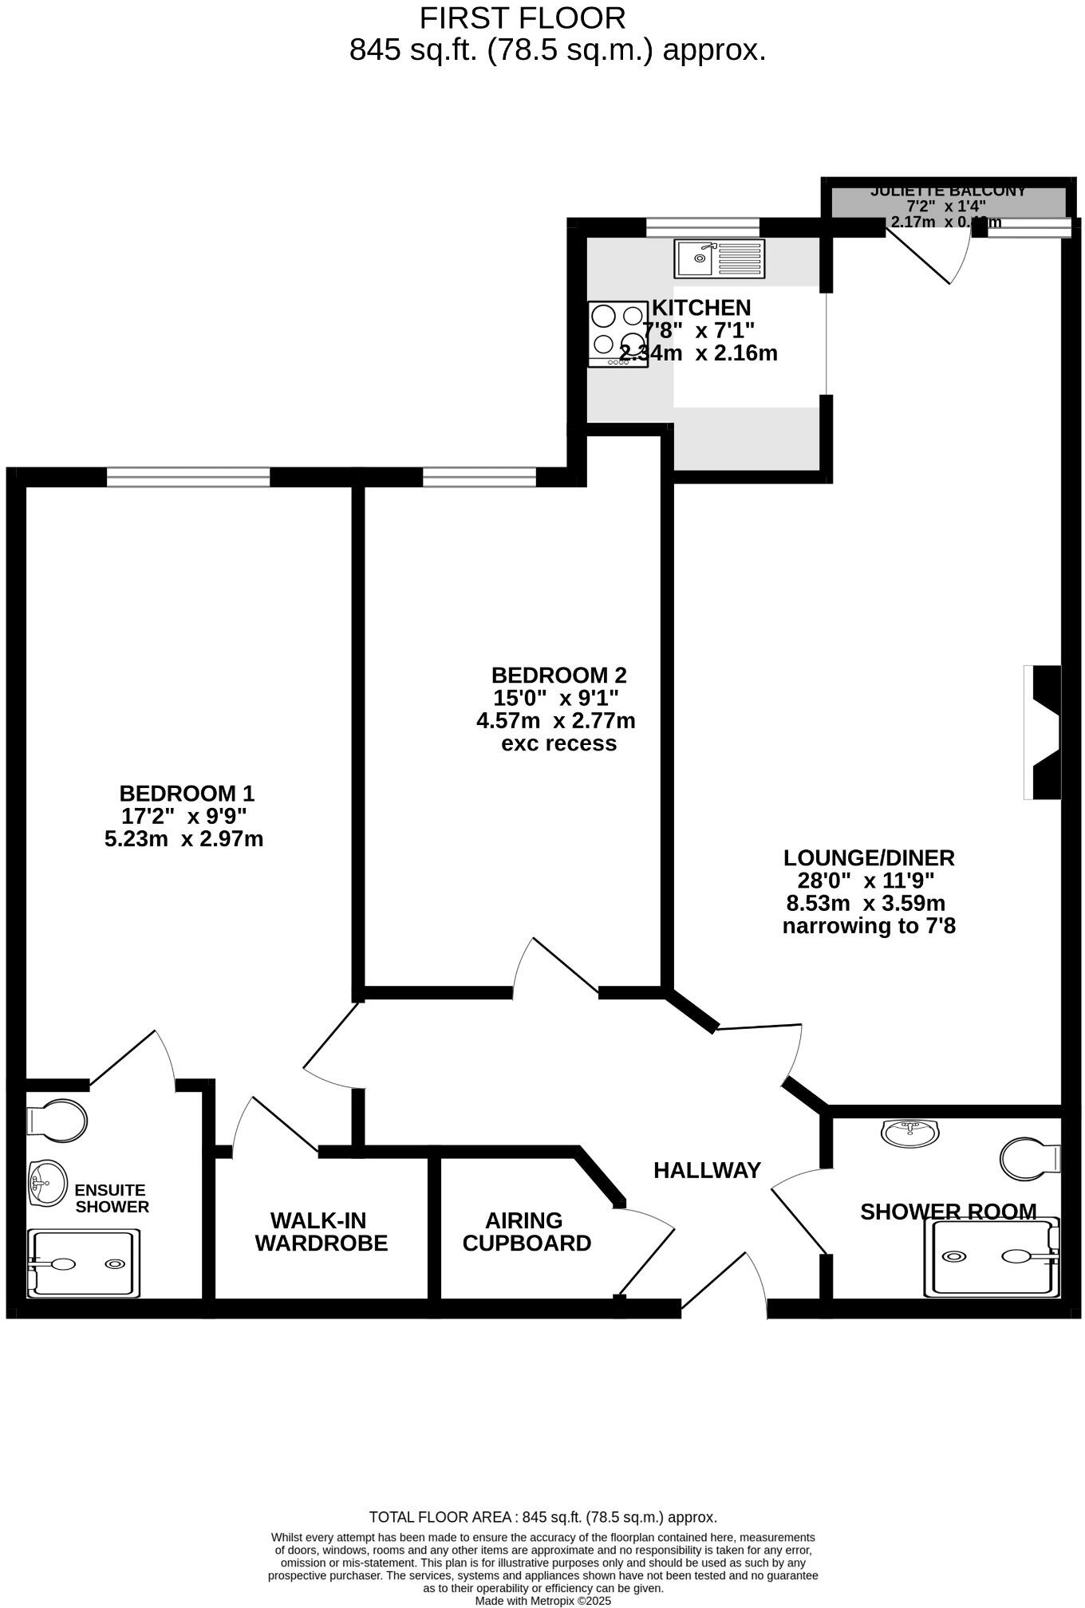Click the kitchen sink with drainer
719,258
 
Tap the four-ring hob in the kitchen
617,333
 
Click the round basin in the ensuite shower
48,1182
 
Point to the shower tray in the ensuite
83,1263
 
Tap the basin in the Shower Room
910,1131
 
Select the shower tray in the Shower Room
992,1256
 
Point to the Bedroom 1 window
188,477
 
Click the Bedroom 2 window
479,477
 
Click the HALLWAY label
707,1170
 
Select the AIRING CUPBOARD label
527,1232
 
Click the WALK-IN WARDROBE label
321,1232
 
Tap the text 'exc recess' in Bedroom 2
558,743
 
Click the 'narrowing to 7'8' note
868,926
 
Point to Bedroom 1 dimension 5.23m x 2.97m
183,839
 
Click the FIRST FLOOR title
523,18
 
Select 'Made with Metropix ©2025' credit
542,1600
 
